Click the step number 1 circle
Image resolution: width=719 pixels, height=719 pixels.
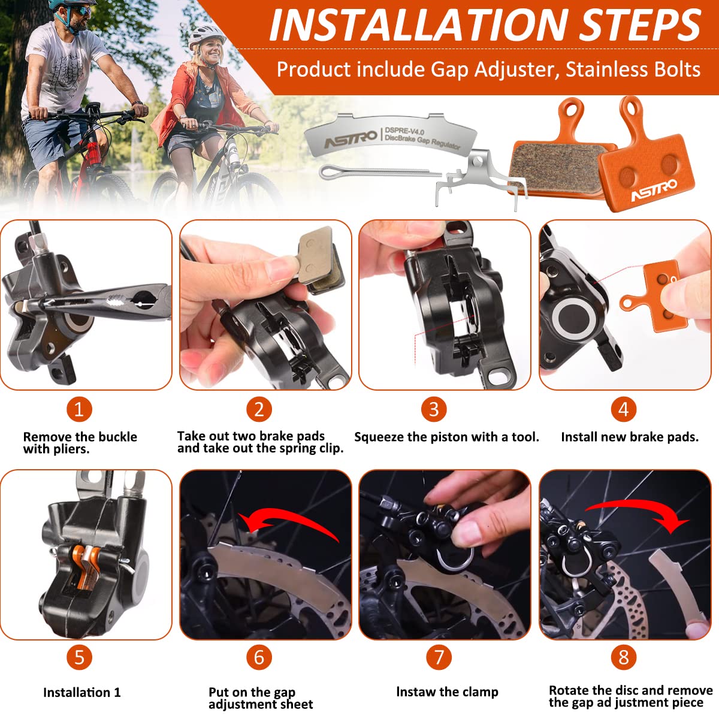pos(79,409)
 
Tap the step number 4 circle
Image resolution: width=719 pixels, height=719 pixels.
pos(624,409)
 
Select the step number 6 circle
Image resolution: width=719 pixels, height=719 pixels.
pos(259,657)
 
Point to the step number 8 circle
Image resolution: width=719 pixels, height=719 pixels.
pos(624,657)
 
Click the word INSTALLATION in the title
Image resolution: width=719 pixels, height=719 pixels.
pos(418,25)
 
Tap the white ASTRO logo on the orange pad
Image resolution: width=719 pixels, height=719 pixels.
pos(654,191)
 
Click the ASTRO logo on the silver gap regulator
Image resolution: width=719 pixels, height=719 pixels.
pos(351,138)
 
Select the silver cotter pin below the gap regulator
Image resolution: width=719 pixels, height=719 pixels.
pos(380,172)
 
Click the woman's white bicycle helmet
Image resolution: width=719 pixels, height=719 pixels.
pos(206,35)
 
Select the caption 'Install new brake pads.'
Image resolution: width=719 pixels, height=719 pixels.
pos(630,437)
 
